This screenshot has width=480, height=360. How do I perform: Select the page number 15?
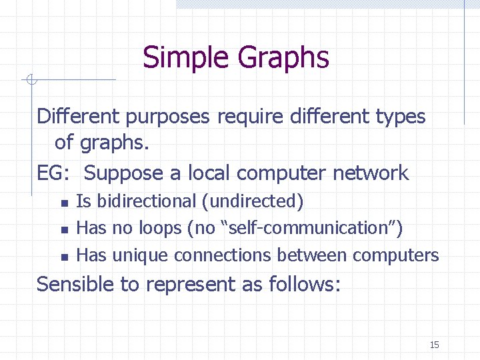pos(435,345)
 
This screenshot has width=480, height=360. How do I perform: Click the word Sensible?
pos(75,285)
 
